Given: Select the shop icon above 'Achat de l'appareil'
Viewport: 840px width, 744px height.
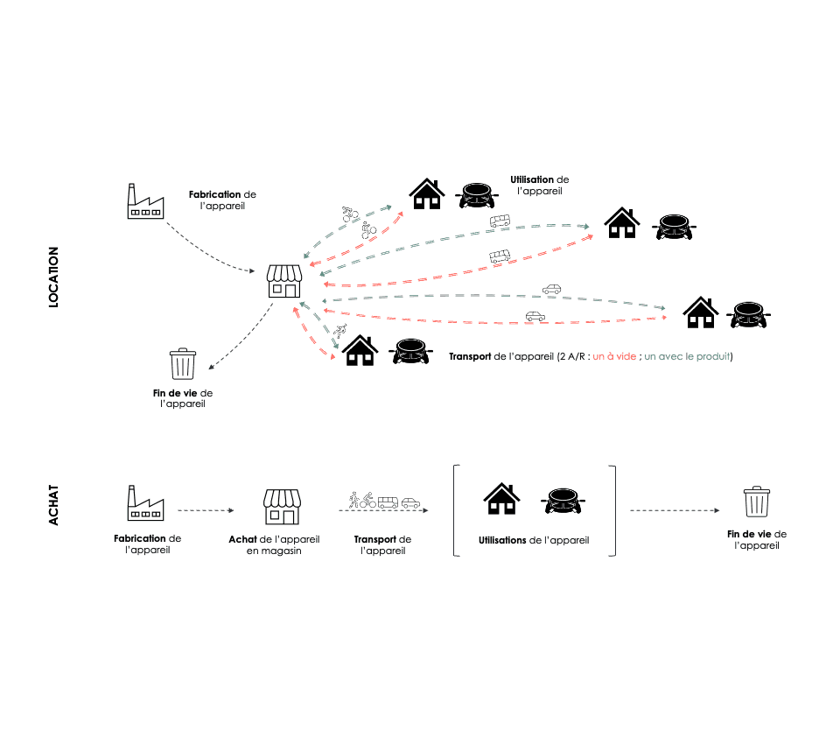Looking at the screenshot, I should click(x=282, y=507).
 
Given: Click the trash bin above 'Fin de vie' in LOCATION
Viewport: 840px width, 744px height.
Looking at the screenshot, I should click(x=183, y=364).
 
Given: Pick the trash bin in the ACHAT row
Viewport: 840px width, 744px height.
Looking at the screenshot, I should click(x=756, y=502).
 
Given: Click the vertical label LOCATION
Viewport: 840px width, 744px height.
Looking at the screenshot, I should click(x=53, y=276).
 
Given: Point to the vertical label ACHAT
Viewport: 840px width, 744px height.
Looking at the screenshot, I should click(x=53, y=507).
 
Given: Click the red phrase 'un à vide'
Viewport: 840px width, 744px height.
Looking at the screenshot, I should click(x=616, y=357).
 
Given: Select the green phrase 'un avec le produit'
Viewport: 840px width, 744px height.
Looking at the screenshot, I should click(x=688, y=357).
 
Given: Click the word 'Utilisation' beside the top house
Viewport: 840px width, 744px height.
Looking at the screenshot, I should click(x=532, y=179).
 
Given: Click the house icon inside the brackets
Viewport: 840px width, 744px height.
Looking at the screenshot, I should click(x=500, y=499).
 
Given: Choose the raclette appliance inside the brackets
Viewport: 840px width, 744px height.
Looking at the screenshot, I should click(x=562, y=501).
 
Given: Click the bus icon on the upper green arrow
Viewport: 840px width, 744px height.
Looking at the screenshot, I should click(x=500, y=221).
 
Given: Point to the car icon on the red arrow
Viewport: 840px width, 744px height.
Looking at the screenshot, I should click(x=535, y=315).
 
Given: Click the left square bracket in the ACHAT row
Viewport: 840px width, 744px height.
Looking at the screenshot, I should click(x=456, y=510).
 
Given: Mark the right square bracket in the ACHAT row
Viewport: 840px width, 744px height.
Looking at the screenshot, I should click(x=613, y=510).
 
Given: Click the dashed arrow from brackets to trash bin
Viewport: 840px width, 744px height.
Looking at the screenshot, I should click(x=675, y=509).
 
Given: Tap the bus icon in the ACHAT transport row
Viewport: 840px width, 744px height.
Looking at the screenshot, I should click(x=388, y=502).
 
